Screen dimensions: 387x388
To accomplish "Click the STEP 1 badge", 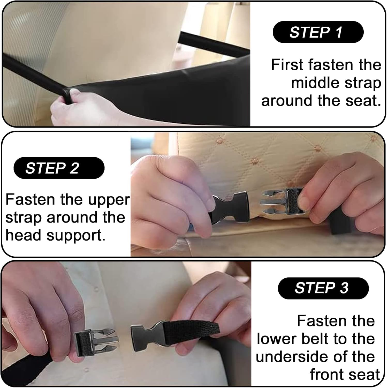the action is tap(318, 32).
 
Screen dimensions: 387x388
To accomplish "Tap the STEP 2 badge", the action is tap(59, 168).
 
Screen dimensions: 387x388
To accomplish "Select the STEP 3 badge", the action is tap(323, 288).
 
